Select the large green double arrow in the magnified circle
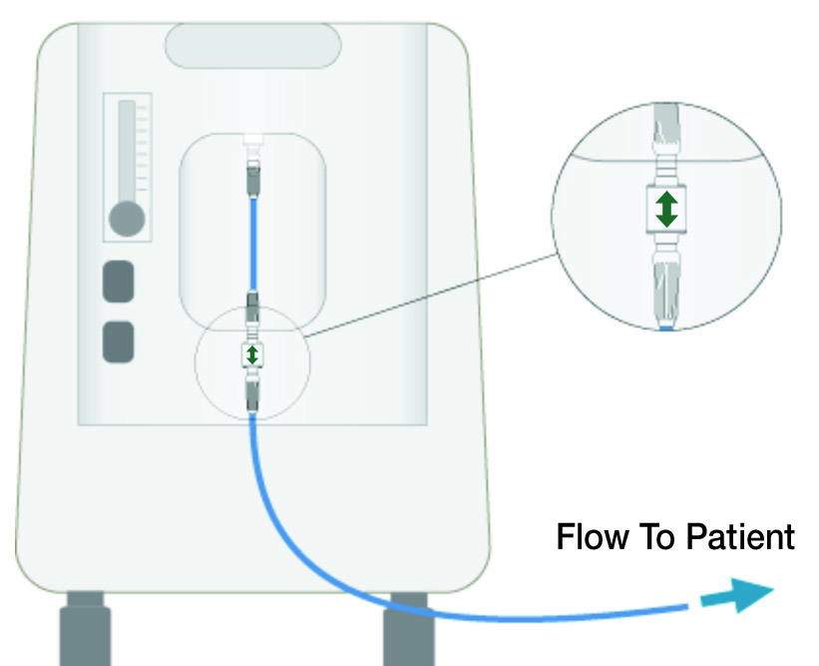(x=666, y=208)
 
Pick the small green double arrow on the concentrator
(x=252, y=354)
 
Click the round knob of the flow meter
(x=127, y=218)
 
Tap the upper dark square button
(x=119, y=281)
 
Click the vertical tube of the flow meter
(x=127, y=150)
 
